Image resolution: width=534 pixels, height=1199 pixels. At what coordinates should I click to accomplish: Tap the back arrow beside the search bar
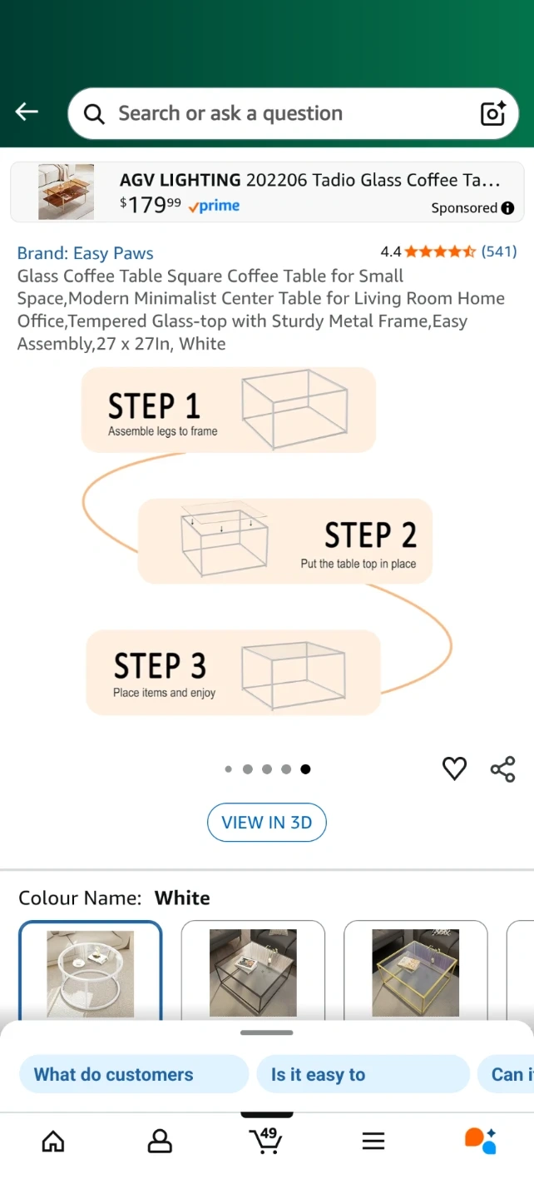27,112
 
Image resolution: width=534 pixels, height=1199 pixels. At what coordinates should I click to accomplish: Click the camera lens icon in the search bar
493,113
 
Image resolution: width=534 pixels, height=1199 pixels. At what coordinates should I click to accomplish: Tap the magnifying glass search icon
94,113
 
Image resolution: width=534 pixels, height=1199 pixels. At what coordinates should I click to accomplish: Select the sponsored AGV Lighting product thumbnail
67,192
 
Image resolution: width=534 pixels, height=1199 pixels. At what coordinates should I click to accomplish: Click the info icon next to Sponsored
508,207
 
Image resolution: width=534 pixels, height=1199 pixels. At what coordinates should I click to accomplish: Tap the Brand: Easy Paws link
85,253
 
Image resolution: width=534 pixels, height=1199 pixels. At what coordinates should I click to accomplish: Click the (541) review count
499,251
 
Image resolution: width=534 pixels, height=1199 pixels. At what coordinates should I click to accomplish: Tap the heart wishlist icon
454,769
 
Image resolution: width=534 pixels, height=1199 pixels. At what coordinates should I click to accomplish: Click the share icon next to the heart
502,769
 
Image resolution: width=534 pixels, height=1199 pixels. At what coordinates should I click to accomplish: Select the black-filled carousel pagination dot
305,769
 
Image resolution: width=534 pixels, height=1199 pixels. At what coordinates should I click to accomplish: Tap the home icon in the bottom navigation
53,1141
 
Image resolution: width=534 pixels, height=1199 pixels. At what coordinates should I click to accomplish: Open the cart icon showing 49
265,1140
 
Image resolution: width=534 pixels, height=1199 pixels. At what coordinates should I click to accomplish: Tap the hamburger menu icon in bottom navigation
373,1141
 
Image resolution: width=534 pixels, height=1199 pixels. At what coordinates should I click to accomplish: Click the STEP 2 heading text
370,535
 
